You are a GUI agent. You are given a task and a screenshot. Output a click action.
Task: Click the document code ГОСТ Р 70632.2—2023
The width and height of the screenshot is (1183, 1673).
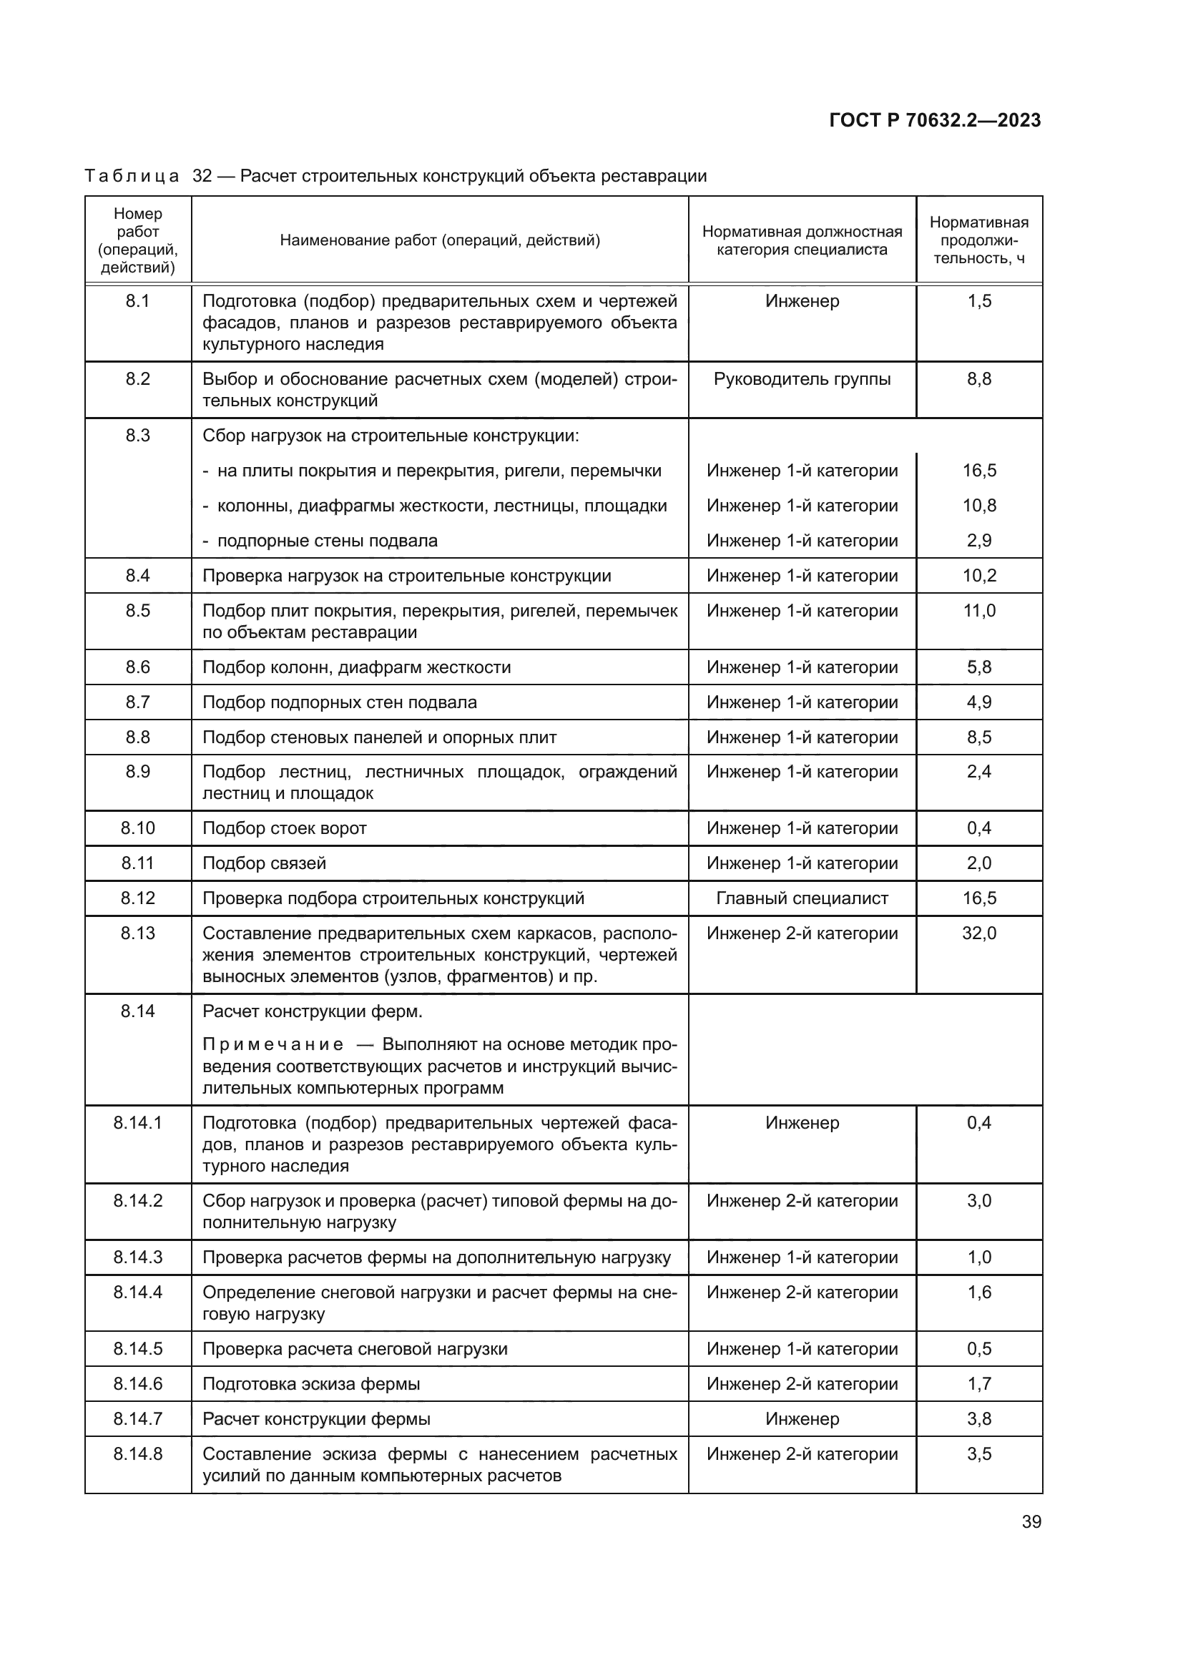[x=935, y=120]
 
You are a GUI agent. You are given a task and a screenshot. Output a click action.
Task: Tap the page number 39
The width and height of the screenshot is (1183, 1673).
[x=1031, y=1522]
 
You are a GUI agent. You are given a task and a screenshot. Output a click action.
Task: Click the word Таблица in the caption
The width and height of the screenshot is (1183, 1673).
[x=132, y=177]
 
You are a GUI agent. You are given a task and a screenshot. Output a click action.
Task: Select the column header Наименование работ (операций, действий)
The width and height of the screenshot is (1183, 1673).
[x=440, y=240]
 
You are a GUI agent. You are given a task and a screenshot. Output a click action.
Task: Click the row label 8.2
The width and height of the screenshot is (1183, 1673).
[x=137, y=379]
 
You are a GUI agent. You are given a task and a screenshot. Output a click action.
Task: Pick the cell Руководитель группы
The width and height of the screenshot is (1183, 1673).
[x=802, y=379]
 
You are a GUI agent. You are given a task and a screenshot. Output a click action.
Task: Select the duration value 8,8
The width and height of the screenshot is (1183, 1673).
[x=979, y=379]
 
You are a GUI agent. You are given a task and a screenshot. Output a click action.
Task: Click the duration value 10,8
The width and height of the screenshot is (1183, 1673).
[x=979, y=506]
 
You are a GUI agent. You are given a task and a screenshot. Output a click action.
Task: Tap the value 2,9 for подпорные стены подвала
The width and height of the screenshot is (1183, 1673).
[x=979, y=541]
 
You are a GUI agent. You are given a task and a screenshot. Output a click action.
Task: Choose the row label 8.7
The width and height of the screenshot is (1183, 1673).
[x=137, y=702]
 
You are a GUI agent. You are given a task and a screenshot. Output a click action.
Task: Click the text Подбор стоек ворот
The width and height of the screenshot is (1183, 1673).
[x=284, y=828]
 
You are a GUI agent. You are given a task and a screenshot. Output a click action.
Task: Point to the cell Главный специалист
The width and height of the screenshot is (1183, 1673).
[x=802, y=898]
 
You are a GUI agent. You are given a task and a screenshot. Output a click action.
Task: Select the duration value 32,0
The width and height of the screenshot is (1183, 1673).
[x=979, y=933]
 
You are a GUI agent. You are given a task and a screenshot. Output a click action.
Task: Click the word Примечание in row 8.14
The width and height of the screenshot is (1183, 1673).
[x=273, y=1045]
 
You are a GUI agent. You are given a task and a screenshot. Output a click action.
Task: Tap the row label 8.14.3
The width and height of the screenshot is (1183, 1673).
[x=137, y=1257]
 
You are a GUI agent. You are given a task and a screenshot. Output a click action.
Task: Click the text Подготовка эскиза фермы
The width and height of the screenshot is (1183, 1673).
[x=311, y=1384]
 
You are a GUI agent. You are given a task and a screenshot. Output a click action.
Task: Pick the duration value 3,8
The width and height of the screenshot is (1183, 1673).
[x=979, y=1418]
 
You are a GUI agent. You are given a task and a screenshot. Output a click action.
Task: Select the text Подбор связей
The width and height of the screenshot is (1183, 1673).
[x=264, y=863]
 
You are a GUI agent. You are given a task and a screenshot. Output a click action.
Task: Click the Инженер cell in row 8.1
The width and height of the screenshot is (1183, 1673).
[x=802, y=301]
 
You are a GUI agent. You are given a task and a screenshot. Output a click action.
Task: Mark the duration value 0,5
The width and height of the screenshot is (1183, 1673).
[x=979, y=1349]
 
